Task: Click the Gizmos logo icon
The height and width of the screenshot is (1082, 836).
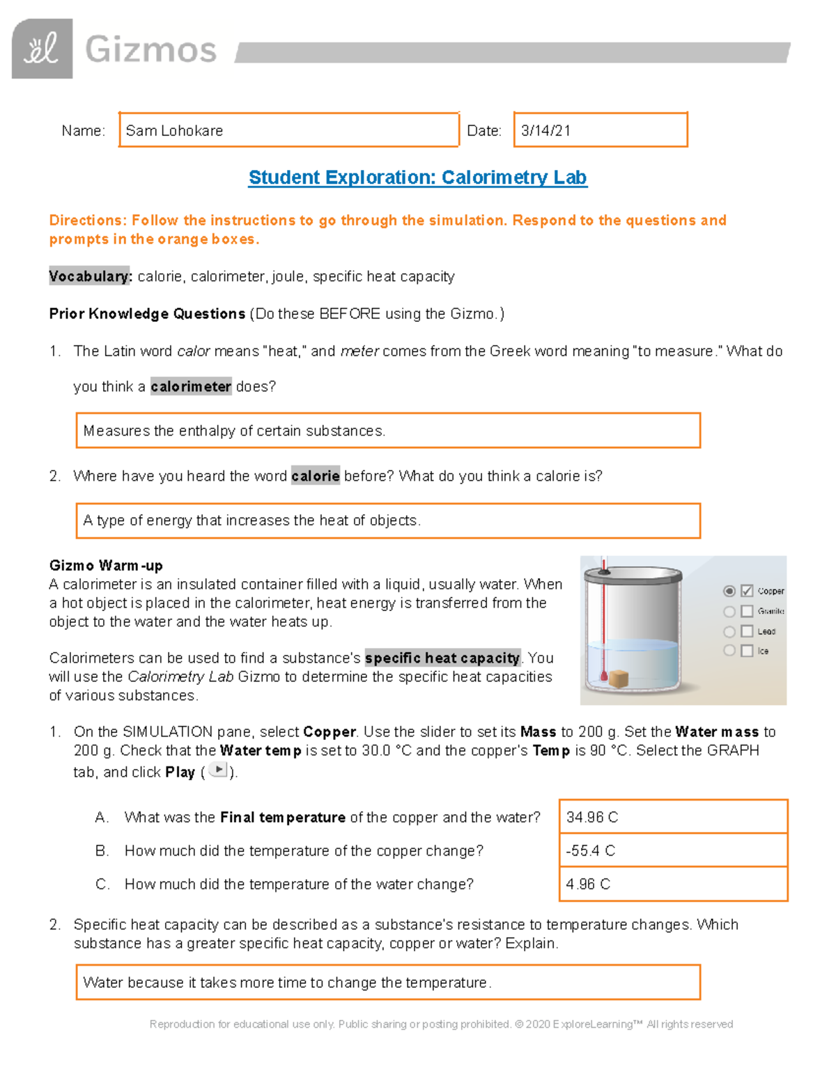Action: point(42,49)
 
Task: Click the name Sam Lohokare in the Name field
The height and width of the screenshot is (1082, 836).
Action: point(174,131)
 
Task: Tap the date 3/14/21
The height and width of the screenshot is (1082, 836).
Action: point(545,131)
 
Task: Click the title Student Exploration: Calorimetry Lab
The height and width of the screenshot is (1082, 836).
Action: point(417,178)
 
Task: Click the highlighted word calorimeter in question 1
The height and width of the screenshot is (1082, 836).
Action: point(190,387)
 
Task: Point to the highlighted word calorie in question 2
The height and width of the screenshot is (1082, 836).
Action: point(315,476)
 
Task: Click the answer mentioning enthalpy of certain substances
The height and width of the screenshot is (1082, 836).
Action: point(233,431)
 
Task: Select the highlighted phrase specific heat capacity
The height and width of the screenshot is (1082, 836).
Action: point(442,658)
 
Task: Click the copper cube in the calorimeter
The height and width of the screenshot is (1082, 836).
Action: point(618,678)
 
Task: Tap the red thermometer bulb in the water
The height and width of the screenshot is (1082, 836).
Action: point(603,675)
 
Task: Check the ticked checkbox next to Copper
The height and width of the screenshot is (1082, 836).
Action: point(747,591)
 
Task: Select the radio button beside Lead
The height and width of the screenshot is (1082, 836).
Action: point(729,631)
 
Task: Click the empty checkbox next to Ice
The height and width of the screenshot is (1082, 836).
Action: point(747,651)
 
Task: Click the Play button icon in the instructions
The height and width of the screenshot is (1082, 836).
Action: point(218,770)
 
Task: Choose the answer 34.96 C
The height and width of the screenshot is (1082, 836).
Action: point(592,817)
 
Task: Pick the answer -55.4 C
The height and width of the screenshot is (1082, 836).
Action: point(591,851)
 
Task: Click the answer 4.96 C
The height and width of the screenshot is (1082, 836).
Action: point(588,884)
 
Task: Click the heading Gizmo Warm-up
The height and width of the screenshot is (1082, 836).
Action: point(106,565)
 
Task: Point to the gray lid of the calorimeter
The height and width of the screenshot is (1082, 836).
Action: point(633,575)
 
